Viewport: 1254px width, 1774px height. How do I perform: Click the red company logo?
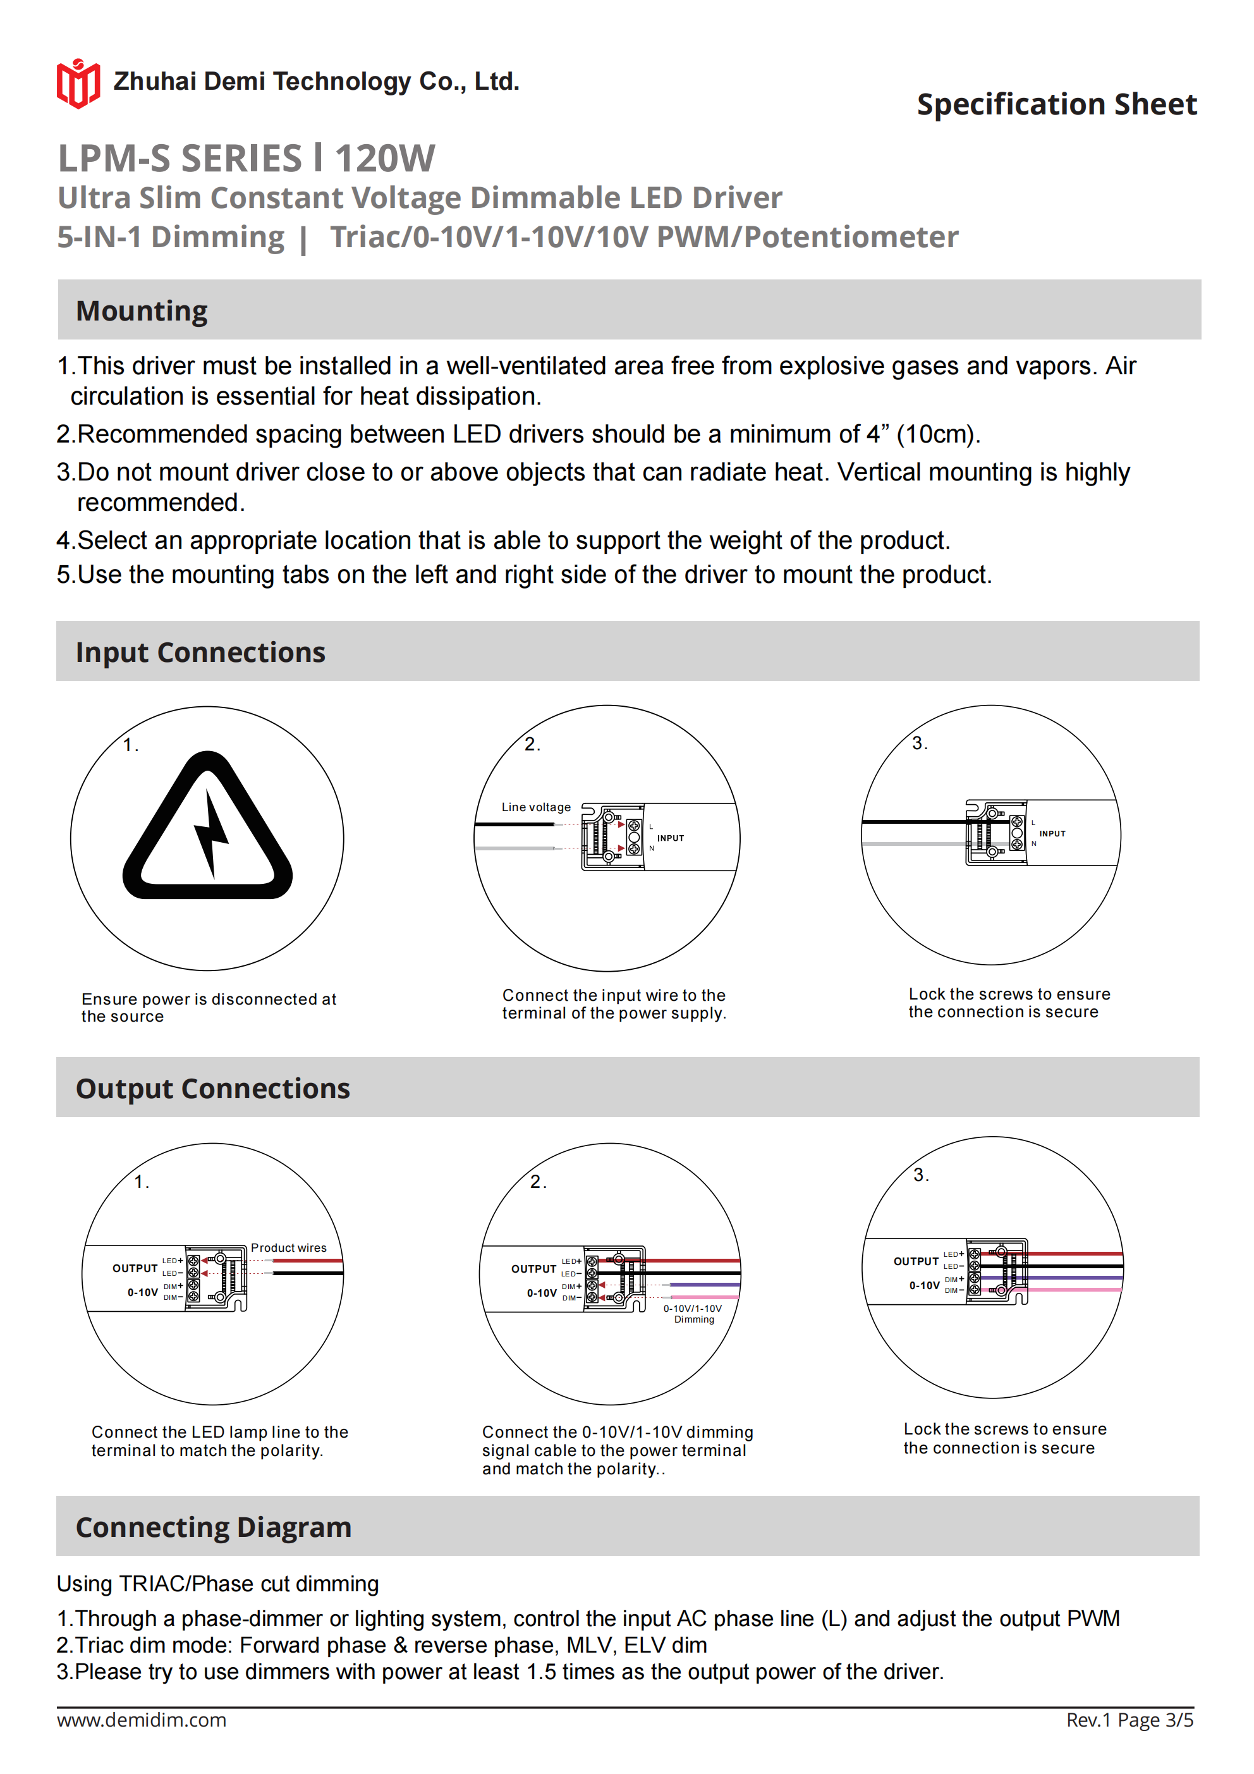click(78, 83)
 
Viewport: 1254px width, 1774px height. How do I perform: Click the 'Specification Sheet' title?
click(1056, 104)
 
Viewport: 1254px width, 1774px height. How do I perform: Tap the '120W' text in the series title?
click(385, 159)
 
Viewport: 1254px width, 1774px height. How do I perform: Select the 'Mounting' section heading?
click(142, 310)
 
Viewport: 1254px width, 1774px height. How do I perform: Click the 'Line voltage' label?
click(535, 807)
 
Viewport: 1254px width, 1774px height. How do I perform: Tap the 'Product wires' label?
click(288, 1248)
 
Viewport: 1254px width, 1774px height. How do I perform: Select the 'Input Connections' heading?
click(200, 652)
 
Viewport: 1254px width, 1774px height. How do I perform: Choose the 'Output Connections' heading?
click(212, 1088)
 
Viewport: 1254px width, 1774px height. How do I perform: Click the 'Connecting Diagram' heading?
click(213, 1527)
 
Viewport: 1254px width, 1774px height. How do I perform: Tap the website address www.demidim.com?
click(142, 1720)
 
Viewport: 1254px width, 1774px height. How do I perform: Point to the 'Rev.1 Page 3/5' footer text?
click(1129, 1720)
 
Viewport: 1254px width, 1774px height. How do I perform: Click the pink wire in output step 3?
click(1081, 1290)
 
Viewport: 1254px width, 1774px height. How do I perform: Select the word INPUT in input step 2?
click(670, 838)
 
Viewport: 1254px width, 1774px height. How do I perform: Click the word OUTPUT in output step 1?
click(135, 1269)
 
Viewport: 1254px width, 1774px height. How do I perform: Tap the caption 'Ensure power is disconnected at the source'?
click(209, 1008)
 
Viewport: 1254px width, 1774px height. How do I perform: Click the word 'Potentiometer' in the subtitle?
click(851, 237)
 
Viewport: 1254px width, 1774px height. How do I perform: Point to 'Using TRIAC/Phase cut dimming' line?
click(217, 1584)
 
